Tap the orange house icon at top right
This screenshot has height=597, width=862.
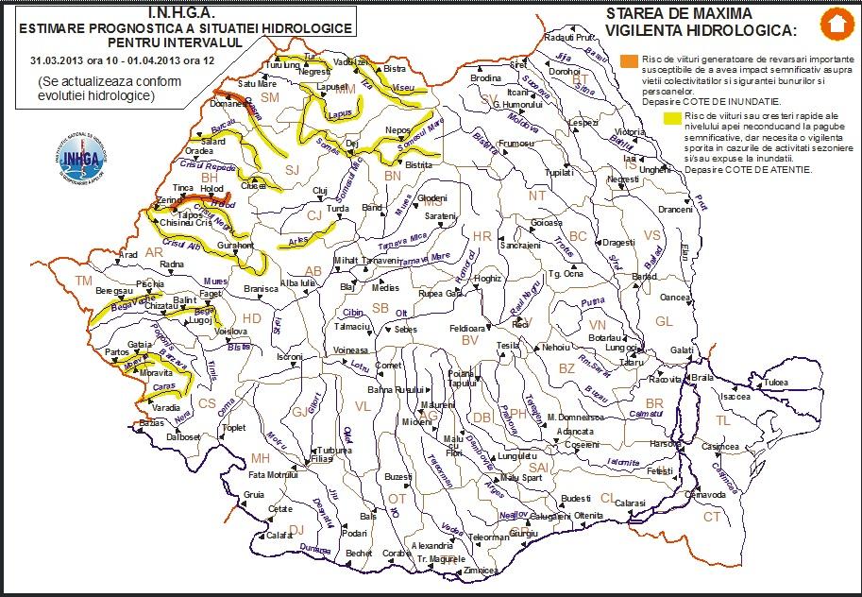click(833, 24)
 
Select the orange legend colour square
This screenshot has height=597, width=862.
click(629, 62)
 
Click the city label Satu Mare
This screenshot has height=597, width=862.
click(257, 84)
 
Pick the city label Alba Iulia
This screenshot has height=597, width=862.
click(296, 282)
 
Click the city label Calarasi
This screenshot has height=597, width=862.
click(631, 504)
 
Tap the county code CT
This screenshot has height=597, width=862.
click(712, 517)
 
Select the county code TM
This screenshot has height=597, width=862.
click(84, 281)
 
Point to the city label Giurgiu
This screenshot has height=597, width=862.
click(523, 534)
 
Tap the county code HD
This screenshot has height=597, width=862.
click(251, 319)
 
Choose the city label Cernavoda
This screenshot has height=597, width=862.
click(705, 494)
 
